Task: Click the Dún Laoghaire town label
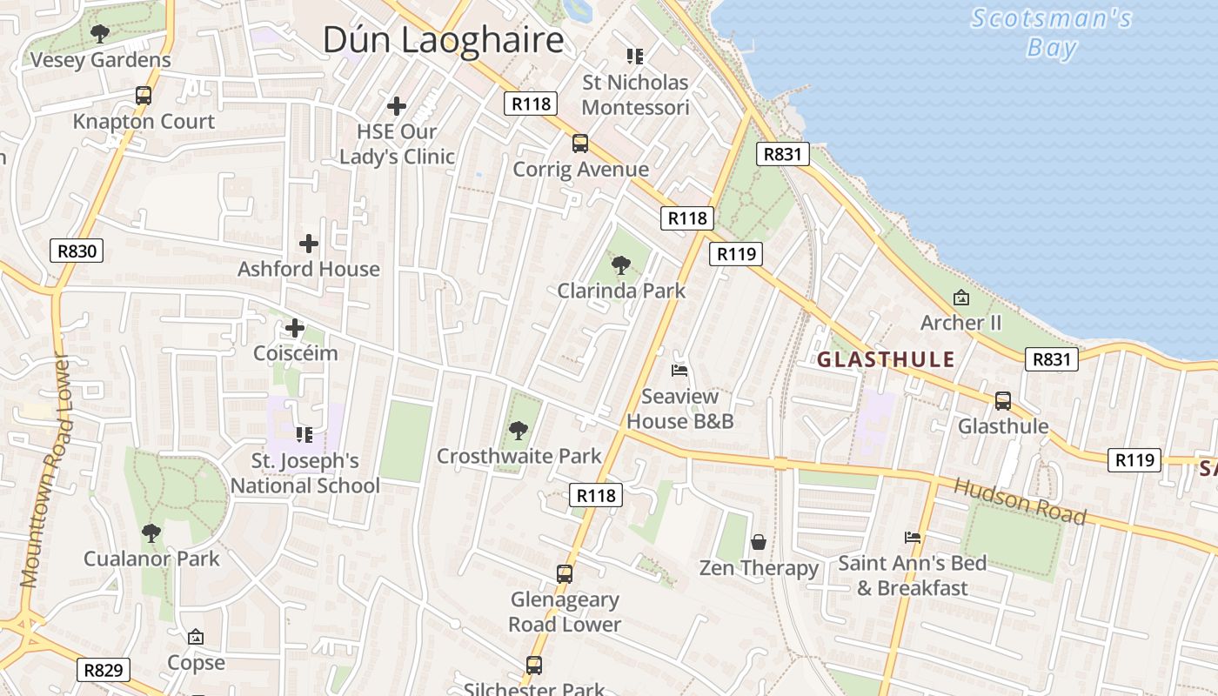[443, 40]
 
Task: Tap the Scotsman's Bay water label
[1051, 32]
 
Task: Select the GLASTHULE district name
[886, 359]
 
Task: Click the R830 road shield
[77, 251]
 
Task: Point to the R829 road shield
[104, 670]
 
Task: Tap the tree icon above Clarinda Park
[621, 265]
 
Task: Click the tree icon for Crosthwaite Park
[519, 430]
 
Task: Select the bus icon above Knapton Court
[144, 96]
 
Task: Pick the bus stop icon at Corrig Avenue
[580, 144]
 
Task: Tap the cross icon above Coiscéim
[295, 328]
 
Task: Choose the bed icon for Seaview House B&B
[679, 371]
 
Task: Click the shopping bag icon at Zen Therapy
[759, 542]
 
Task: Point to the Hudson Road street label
[1020, 501]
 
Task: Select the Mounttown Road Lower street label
[43, 470]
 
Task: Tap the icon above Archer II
[960, 298]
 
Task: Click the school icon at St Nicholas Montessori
[635, 57]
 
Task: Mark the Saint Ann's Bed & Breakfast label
[912, 576]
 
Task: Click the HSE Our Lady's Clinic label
[397, 144]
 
